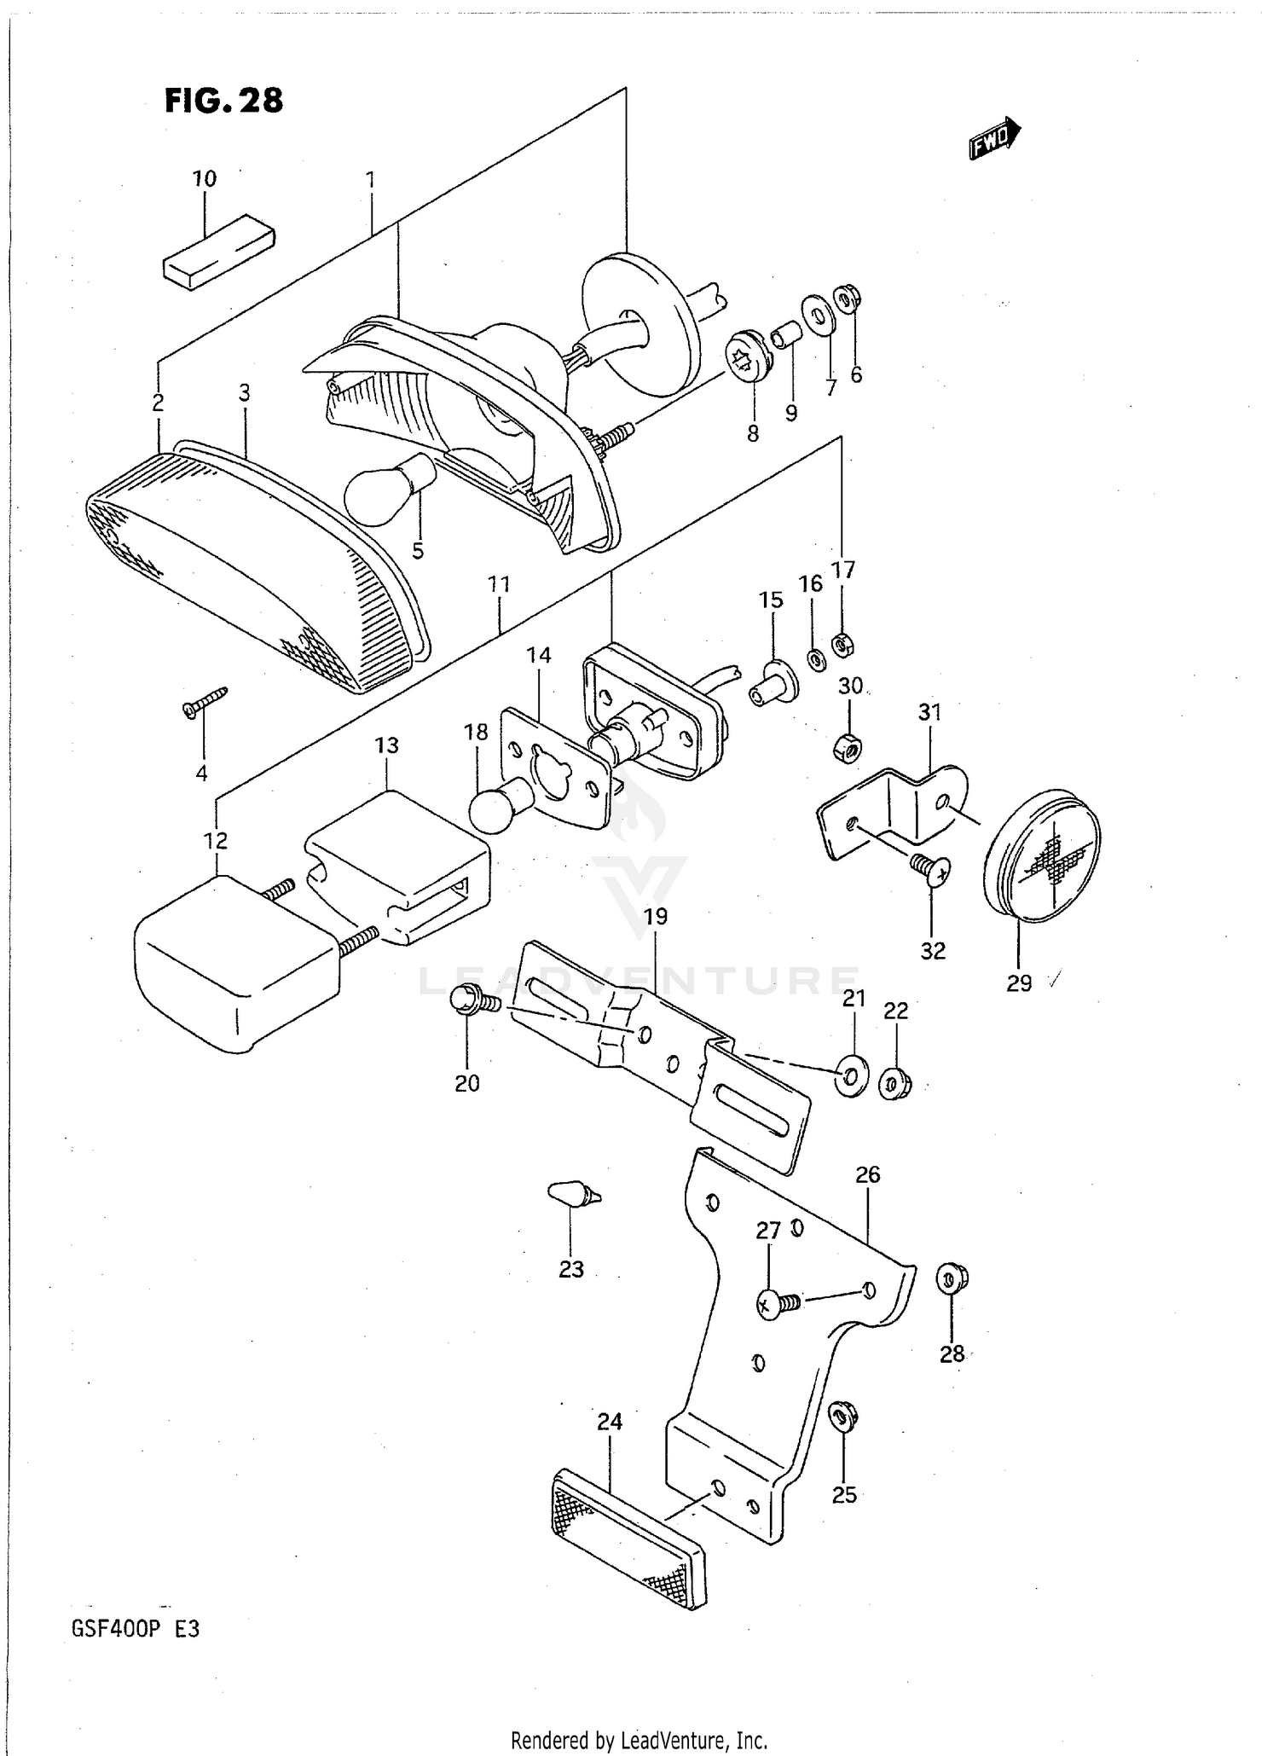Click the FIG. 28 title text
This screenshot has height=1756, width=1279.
click(x=223, y=101)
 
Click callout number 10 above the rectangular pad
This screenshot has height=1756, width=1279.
click(x=204, y=179)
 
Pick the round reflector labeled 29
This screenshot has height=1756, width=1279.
click(x=1041, y=862)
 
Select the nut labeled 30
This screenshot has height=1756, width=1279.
click(x=847, y=748)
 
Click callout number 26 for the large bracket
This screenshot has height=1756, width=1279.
click(x=867, y=1174)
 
